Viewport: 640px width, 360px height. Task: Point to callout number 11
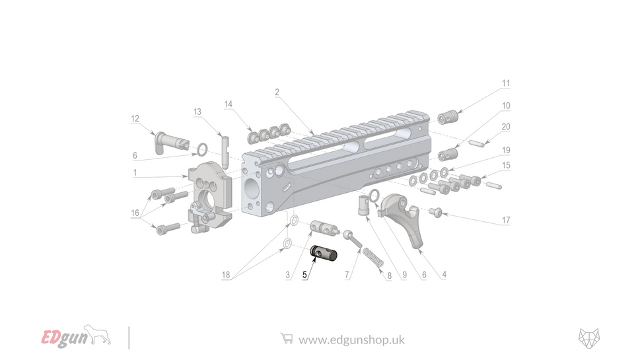[x=506, y=84]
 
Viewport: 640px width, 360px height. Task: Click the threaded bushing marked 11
[x=448, y=117]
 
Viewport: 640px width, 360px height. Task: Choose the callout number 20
[x=506, y=127]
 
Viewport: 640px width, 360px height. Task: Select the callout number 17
[x=506, y=220]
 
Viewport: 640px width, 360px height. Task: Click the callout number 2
[x=277, y=92]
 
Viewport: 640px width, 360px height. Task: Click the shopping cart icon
[x=286, y=339]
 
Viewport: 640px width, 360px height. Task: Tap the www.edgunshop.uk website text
[x=351, y=340]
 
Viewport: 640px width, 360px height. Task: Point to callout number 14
[x=229, y=104]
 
